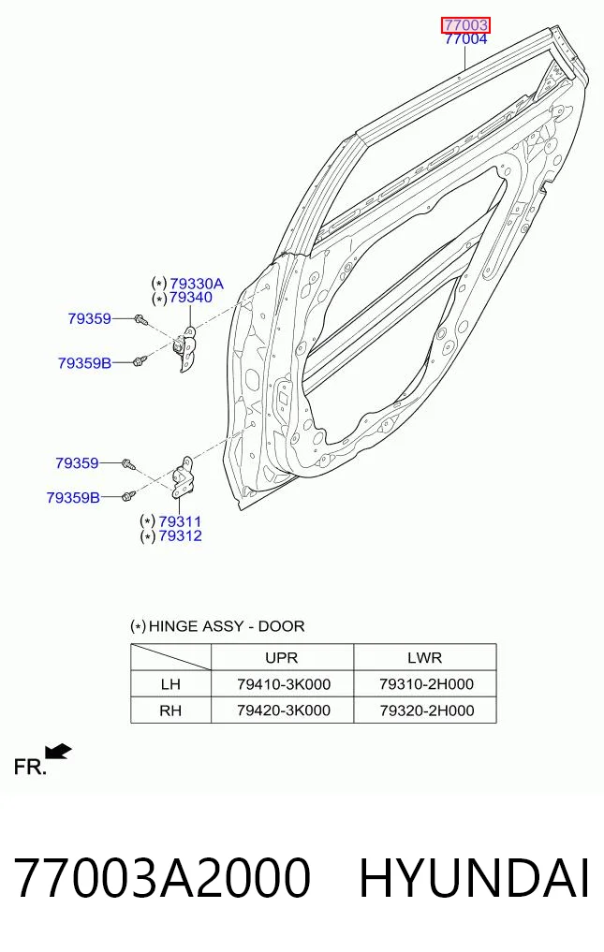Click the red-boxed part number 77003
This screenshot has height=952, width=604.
(465, 25)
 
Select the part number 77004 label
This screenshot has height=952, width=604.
(465, 39)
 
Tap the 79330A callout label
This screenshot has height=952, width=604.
(197, 284)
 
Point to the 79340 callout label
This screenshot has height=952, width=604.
(191, 298)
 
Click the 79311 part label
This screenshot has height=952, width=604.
(180, 521)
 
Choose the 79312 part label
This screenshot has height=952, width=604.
(180, 536)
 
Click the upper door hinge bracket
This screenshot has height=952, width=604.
(186, 349)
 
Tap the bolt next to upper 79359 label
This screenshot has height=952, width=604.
(140, 319)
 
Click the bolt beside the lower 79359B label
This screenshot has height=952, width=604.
(128, 496)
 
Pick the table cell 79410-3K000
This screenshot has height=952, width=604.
(284, 684)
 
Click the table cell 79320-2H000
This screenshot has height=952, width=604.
(427, 710)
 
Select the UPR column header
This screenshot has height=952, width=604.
(281, 657)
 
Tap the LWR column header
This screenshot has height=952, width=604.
(425, 657)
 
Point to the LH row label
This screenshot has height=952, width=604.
(170, 684)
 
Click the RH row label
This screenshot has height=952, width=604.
(170, 710)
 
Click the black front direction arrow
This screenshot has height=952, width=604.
(58, 752)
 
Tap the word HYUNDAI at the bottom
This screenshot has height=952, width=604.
(474, 878)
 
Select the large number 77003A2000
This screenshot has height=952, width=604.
(162, 878)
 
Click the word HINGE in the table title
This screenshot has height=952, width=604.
(173, 626)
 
